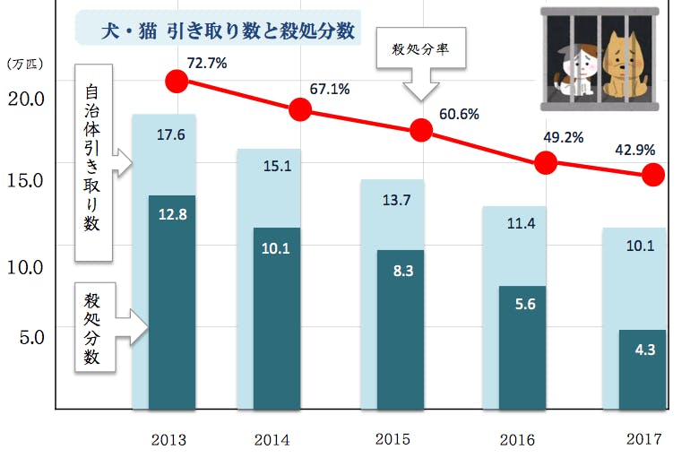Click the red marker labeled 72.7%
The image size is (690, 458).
click(177, 82)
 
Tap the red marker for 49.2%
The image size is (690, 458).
click(546, 162)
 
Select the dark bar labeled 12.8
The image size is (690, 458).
click(172, 300)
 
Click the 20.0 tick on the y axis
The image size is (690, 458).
click(27, 99)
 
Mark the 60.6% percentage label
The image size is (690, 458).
click(460, 114)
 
